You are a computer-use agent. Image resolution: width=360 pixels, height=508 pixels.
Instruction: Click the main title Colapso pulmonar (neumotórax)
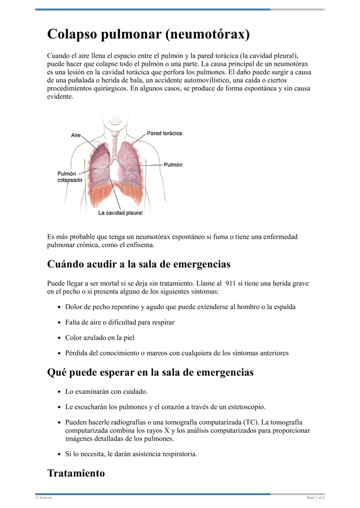point(148,34)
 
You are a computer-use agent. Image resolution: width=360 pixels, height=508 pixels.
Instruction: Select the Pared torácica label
point(164,134)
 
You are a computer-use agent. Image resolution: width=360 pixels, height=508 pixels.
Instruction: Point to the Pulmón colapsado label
point(70,177)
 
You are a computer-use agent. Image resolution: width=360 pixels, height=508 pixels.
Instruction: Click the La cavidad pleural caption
point(120,213)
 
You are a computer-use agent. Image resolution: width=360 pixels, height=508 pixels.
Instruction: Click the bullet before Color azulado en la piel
point(60,338)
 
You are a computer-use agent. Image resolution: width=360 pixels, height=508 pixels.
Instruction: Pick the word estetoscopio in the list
point(243,407)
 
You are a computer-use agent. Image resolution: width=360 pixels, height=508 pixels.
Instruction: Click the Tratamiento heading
point(76,473)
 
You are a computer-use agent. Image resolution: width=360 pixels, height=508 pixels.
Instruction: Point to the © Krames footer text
point(44,498)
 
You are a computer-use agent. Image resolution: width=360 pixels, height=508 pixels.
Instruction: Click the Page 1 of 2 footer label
point(315,498)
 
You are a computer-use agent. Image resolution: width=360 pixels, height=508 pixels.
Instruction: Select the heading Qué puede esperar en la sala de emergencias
point(150,373)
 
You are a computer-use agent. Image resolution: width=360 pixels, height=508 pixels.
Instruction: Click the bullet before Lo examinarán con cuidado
point(60,392)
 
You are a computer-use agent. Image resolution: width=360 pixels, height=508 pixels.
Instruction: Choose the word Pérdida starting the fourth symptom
point(76,353)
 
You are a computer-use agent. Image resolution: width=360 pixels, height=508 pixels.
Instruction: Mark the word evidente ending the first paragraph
point(59,97)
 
